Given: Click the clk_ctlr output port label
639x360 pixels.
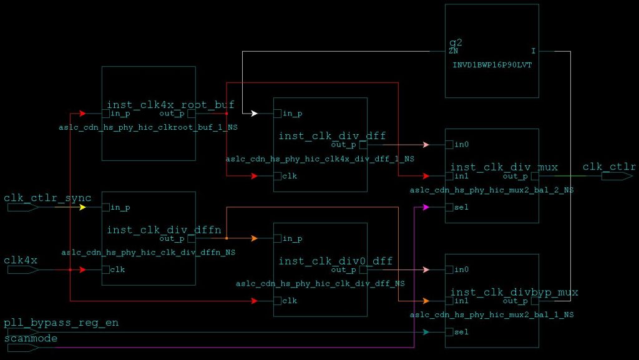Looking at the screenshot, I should [x=609, y=167].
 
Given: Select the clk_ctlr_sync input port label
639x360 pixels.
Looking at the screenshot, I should [x=47, y=198].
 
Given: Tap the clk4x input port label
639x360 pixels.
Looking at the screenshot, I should [x=21, y=260].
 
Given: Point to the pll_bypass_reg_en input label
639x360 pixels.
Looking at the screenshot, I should [x=61, y=323].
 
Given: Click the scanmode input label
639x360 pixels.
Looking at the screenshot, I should [x=31, y=338].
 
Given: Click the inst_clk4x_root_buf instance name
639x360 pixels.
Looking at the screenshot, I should [x=170, y=105].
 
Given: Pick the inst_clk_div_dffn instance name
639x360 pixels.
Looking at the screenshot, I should [x=164, y=230].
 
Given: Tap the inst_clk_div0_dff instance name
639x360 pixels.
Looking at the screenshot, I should [x=336, y=261].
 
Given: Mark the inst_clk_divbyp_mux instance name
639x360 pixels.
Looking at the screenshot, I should [x=514, y=292].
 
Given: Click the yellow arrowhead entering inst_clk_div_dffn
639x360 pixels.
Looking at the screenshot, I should [x=82, y=207].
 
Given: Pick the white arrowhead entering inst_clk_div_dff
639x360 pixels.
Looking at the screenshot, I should [x=254, y=114].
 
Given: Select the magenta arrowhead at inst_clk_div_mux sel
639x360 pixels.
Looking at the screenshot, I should [x=426, y=207].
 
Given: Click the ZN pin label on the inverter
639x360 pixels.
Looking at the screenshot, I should [x=453, y=52].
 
